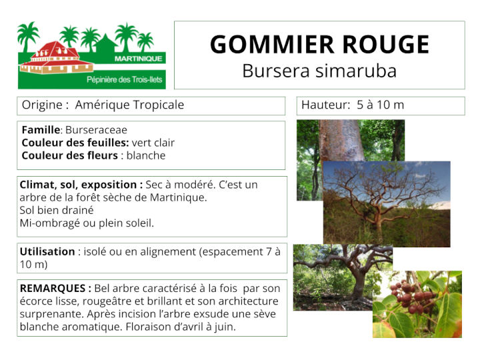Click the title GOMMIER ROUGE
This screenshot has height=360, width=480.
click(x=319, y=45)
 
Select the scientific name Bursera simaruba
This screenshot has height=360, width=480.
click(x=319, y=71)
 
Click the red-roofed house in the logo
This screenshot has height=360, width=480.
click(x=57, y=57)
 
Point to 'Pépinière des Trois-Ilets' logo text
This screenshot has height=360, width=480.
click(x=125, y=79)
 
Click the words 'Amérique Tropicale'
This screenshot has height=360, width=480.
click(x=129, y=105)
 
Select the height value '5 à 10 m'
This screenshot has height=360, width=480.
click(x=380, y=105)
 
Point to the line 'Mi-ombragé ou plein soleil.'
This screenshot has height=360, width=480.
click(x=87, y=223)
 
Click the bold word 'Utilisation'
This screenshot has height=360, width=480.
click(x=47, y=251)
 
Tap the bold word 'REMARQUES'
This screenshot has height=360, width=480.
click(x=55, y=288)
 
